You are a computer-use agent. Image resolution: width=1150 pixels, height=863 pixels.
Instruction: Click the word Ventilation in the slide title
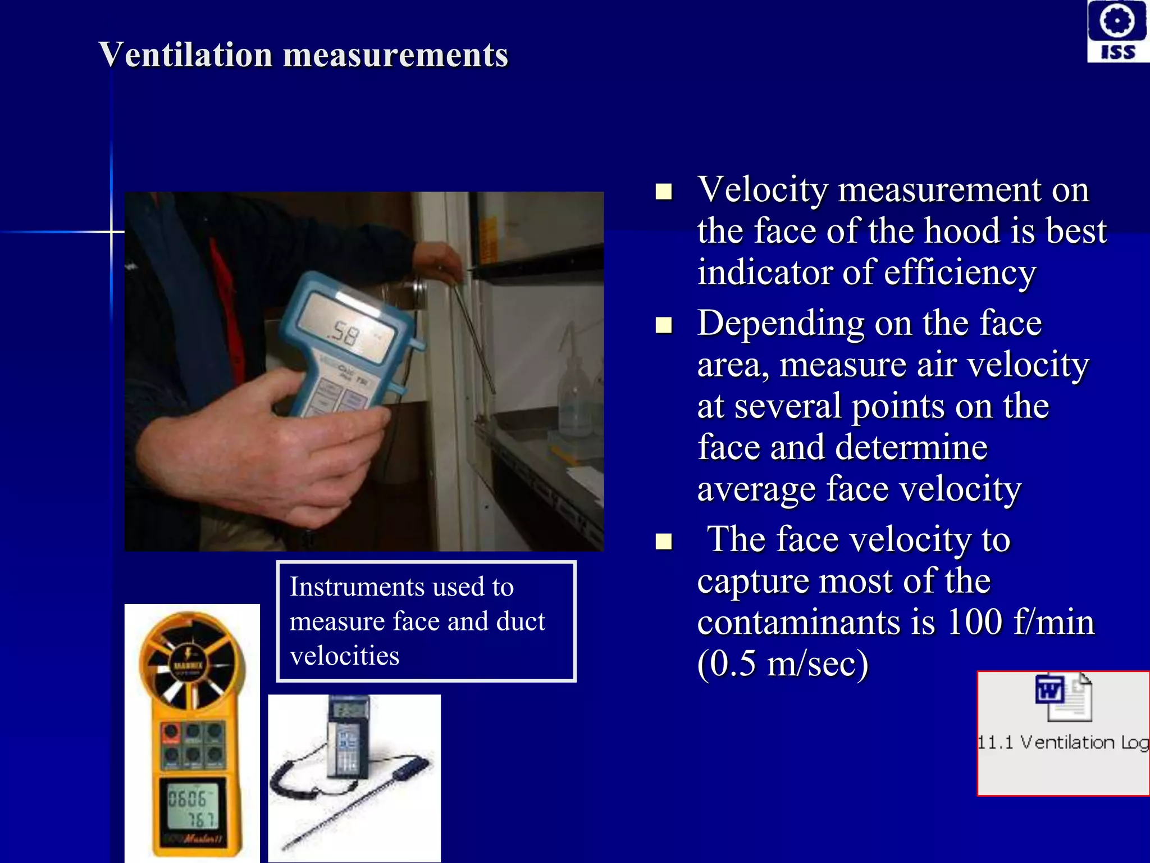tap(185, 55)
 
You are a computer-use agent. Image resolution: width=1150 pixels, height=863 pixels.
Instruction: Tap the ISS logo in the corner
tap(1117, 31)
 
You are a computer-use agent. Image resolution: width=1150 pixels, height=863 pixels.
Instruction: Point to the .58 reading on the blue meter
tap(344, 333)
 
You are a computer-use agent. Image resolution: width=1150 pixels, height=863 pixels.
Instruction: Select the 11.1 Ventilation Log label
tap(1063, 743)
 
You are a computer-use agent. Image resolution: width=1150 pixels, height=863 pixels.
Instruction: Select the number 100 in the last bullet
tap(974, 623)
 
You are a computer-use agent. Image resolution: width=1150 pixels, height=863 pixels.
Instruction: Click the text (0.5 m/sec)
tap(783, 664)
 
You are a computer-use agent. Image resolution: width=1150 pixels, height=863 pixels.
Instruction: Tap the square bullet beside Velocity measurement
tap(664, 192)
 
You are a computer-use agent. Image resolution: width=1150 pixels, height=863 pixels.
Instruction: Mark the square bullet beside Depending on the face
tap(664, 325)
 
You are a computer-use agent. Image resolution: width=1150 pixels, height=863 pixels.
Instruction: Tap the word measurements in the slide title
tap(395, 55)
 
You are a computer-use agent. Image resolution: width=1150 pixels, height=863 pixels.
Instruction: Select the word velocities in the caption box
tap(344, 656)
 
